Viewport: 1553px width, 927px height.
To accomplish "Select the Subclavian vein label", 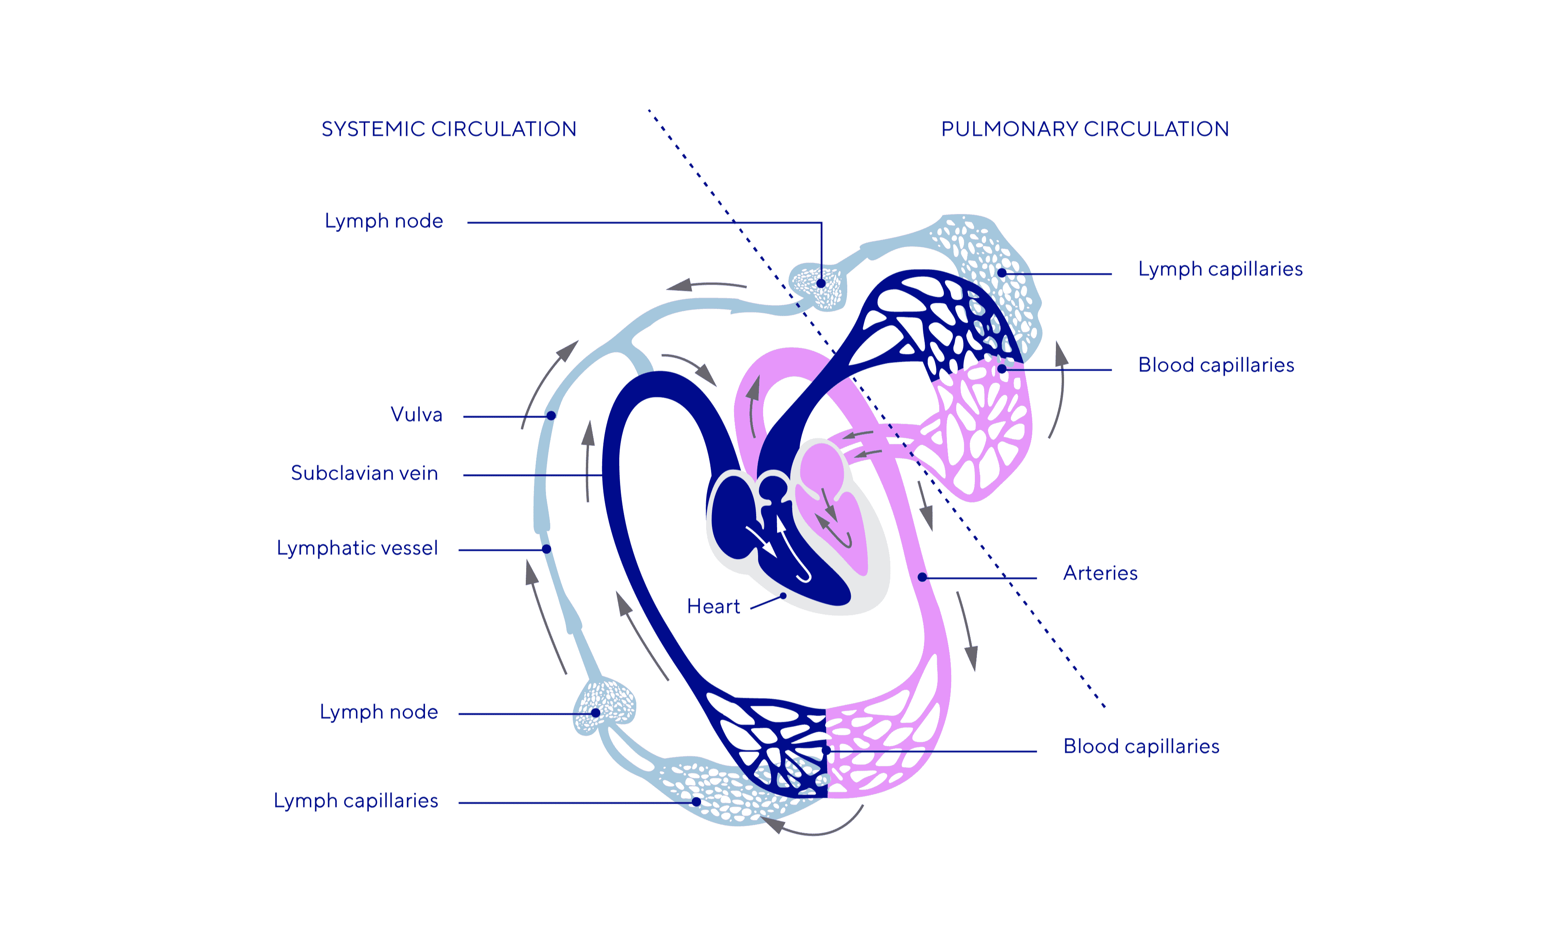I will (364, 474).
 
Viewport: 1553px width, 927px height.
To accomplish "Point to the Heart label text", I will (713, 607).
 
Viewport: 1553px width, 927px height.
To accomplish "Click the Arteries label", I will (1100, 574).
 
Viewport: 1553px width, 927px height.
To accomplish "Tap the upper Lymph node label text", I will (384, 221).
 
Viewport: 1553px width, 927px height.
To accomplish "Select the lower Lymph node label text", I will (379, 712).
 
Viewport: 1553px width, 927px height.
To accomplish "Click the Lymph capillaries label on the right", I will (1220, 269).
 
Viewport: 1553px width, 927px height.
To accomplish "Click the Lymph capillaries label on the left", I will (356, 801).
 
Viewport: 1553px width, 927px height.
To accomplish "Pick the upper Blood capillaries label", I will (1216, 365).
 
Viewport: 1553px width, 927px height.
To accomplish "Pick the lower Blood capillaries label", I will (1141, 746).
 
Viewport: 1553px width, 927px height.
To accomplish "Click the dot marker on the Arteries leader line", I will (922, 577).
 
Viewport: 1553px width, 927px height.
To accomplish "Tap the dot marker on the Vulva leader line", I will (551, 415).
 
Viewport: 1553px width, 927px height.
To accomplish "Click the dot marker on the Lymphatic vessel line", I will (546, 549).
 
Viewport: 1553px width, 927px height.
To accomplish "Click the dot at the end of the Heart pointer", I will (783, 596).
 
